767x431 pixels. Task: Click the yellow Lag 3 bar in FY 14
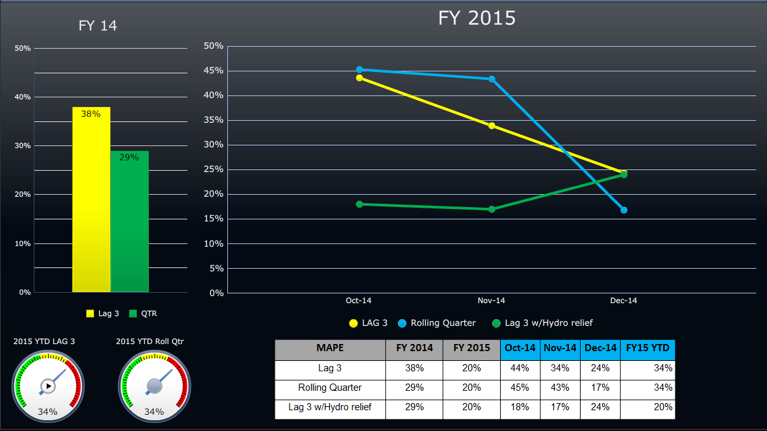(x=91, y=201)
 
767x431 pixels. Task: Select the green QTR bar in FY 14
(x=129, y=224)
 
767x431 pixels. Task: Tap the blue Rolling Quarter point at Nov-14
(x=492, y=79)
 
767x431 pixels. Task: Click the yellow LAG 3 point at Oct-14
(x=359, y=78)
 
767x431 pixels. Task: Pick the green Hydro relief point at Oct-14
(x=359, y=204)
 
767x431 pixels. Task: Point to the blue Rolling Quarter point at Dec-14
(x=623, y=210)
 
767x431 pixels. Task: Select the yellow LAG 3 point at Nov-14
(x=492, y=126)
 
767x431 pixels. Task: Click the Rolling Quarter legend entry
(x=436, y=323)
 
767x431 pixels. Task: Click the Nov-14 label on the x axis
(x=491, y=301)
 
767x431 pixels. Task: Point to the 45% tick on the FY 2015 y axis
(x=214, y=71)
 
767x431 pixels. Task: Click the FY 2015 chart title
(x=477, y=18)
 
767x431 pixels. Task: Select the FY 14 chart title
(x=97, y=26)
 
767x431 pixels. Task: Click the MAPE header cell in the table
(x=330, y=349)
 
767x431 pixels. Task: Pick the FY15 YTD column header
(x=648, y=349)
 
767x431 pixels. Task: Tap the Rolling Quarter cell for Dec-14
(x=600, y=388)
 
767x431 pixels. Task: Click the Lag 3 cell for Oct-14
(x=520, y=368)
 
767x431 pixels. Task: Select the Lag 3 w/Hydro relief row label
(x=330, y=407)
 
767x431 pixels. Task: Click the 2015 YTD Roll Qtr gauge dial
(x=154, y=386)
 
